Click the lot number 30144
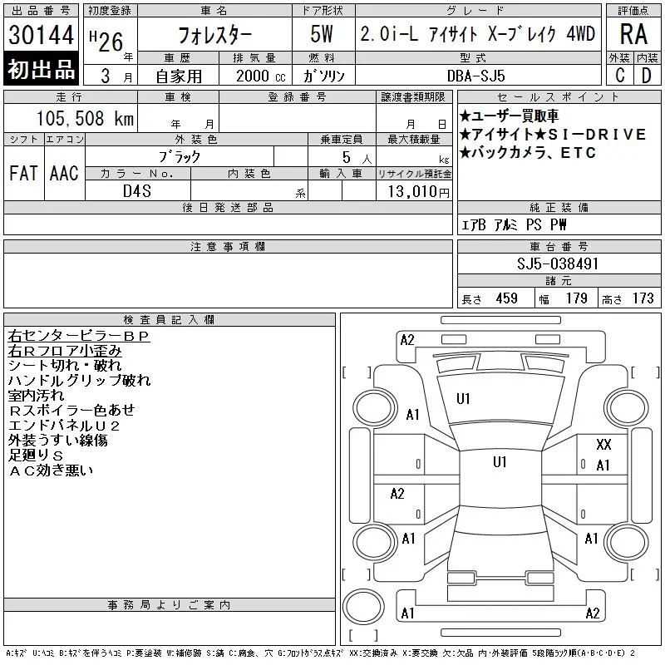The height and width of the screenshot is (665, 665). tap(41, 35)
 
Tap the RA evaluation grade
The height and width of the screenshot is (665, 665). tap(633, 34)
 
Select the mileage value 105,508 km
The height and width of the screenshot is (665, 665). tap(85, 118)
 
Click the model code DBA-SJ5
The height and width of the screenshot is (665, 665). tap(475, 76)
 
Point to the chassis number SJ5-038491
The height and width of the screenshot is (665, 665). tap(557, 264)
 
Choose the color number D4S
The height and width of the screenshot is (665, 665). tap(137, 191)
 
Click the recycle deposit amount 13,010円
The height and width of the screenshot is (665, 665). tap(418, 192)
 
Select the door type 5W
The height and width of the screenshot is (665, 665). tap(322, 34)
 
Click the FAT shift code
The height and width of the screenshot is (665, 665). tap(23, 173)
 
